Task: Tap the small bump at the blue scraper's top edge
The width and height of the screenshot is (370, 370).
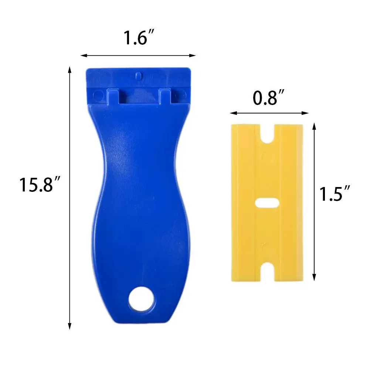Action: pyautogui.click(x=138, y=75)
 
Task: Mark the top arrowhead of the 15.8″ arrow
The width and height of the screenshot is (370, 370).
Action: pyautogui.click(x=69, y=69)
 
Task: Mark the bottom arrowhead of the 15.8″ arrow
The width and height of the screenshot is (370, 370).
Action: pyautogui.click(x=69, y=327)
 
